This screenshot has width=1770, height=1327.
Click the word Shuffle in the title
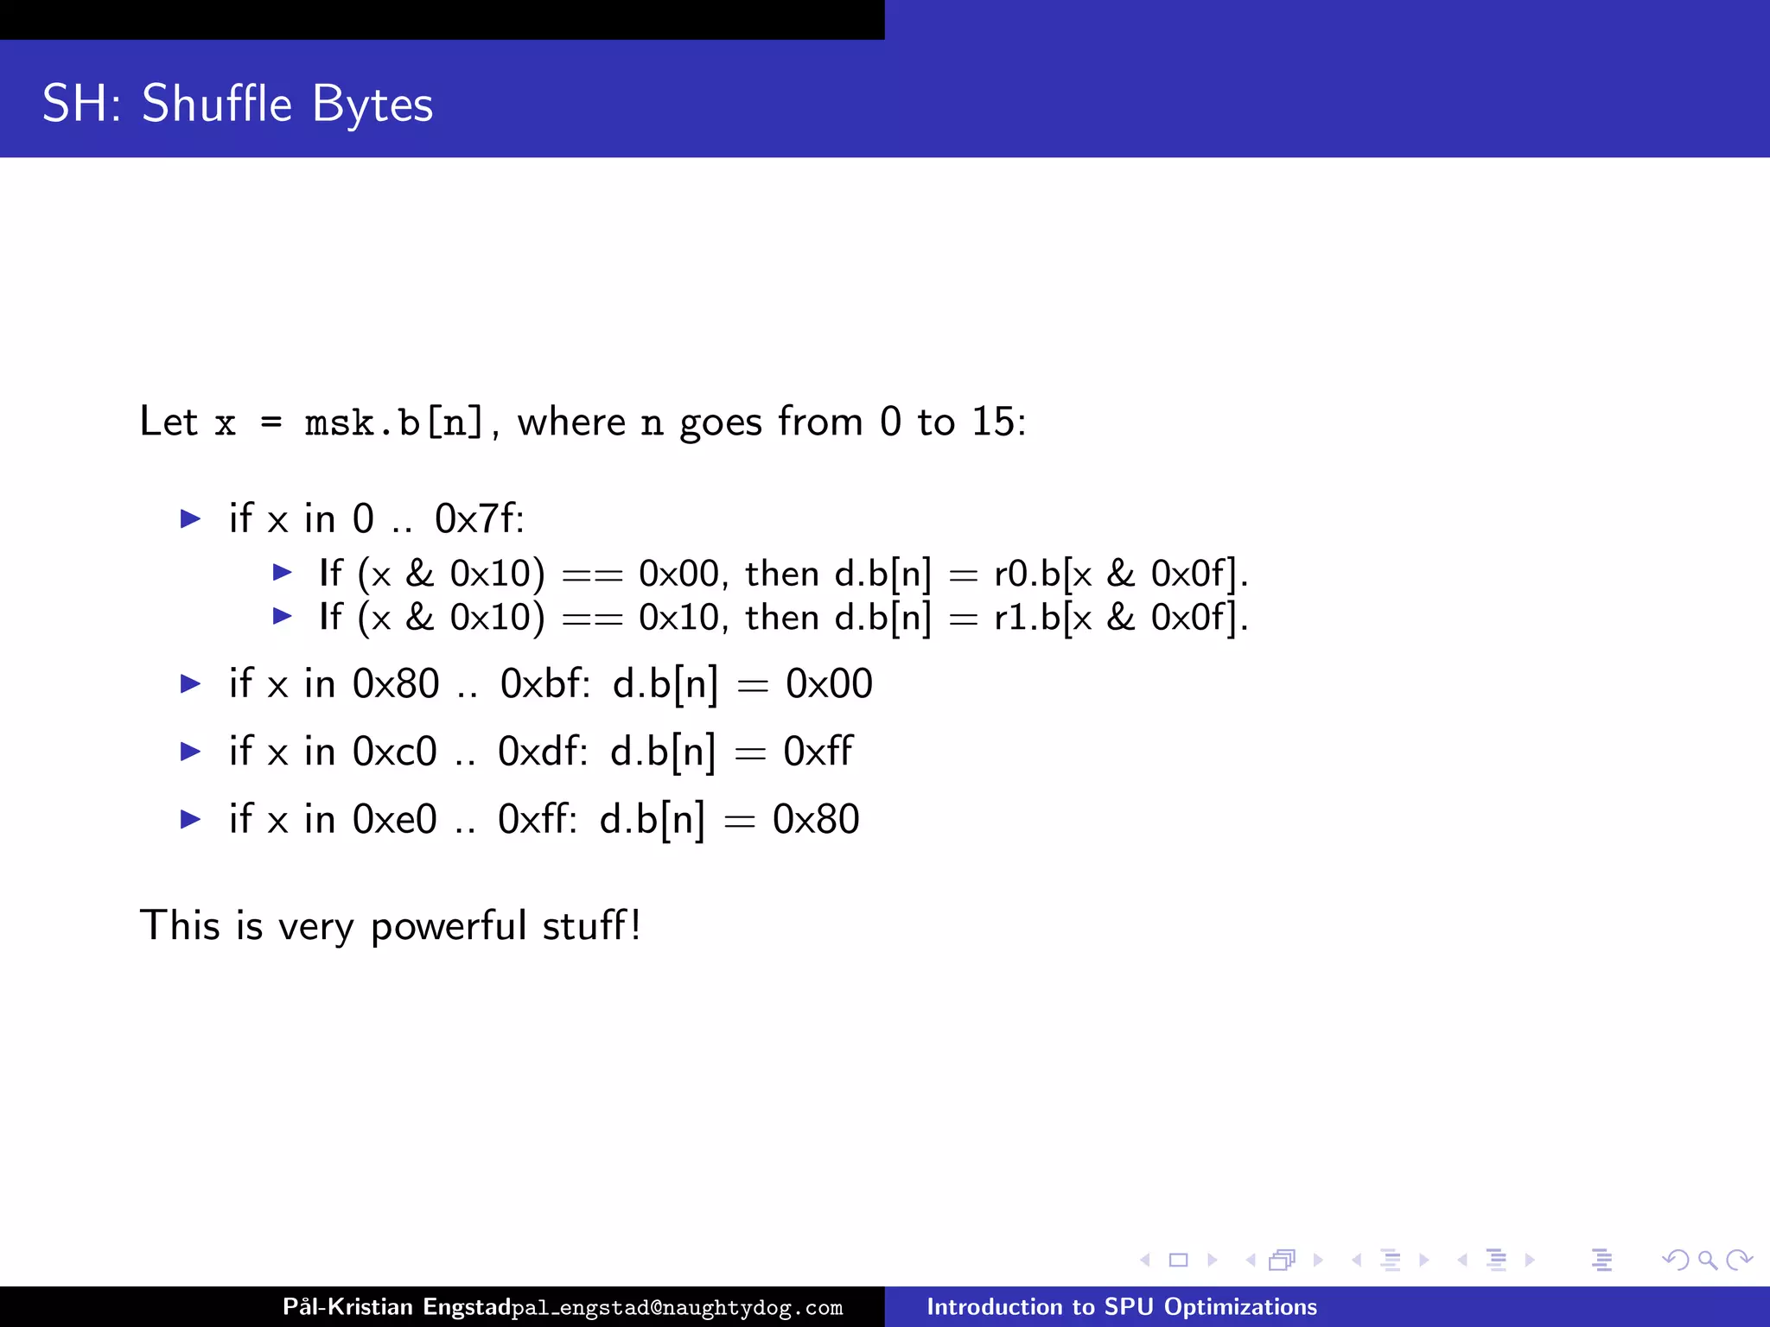point(217,104)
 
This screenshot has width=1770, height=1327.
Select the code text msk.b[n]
point(393,422)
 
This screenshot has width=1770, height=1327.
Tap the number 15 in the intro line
point(993,422)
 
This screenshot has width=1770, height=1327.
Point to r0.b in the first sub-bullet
point(1028,573)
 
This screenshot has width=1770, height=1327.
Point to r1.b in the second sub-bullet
point(1028,617)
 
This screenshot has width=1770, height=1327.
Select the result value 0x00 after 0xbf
point(829,683)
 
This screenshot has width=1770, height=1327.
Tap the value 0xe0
point(394,819)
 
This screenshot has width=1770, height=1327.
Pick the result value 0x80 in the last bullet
point(816,819)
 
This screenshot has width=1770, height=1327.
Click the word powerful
point(449,926)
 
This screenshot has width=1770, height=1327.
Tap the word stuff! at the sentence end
point(592,925)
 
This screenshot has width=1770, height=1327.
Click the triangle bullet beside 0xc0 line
point(191,752)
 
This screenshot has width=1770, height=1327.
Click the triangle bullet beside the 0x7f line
point(191,518)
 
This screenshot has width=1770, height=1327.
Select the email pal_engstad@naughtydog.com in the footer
point(677,1308)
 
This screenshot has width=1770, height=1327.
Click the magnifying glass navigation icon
point(1707,1260)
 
